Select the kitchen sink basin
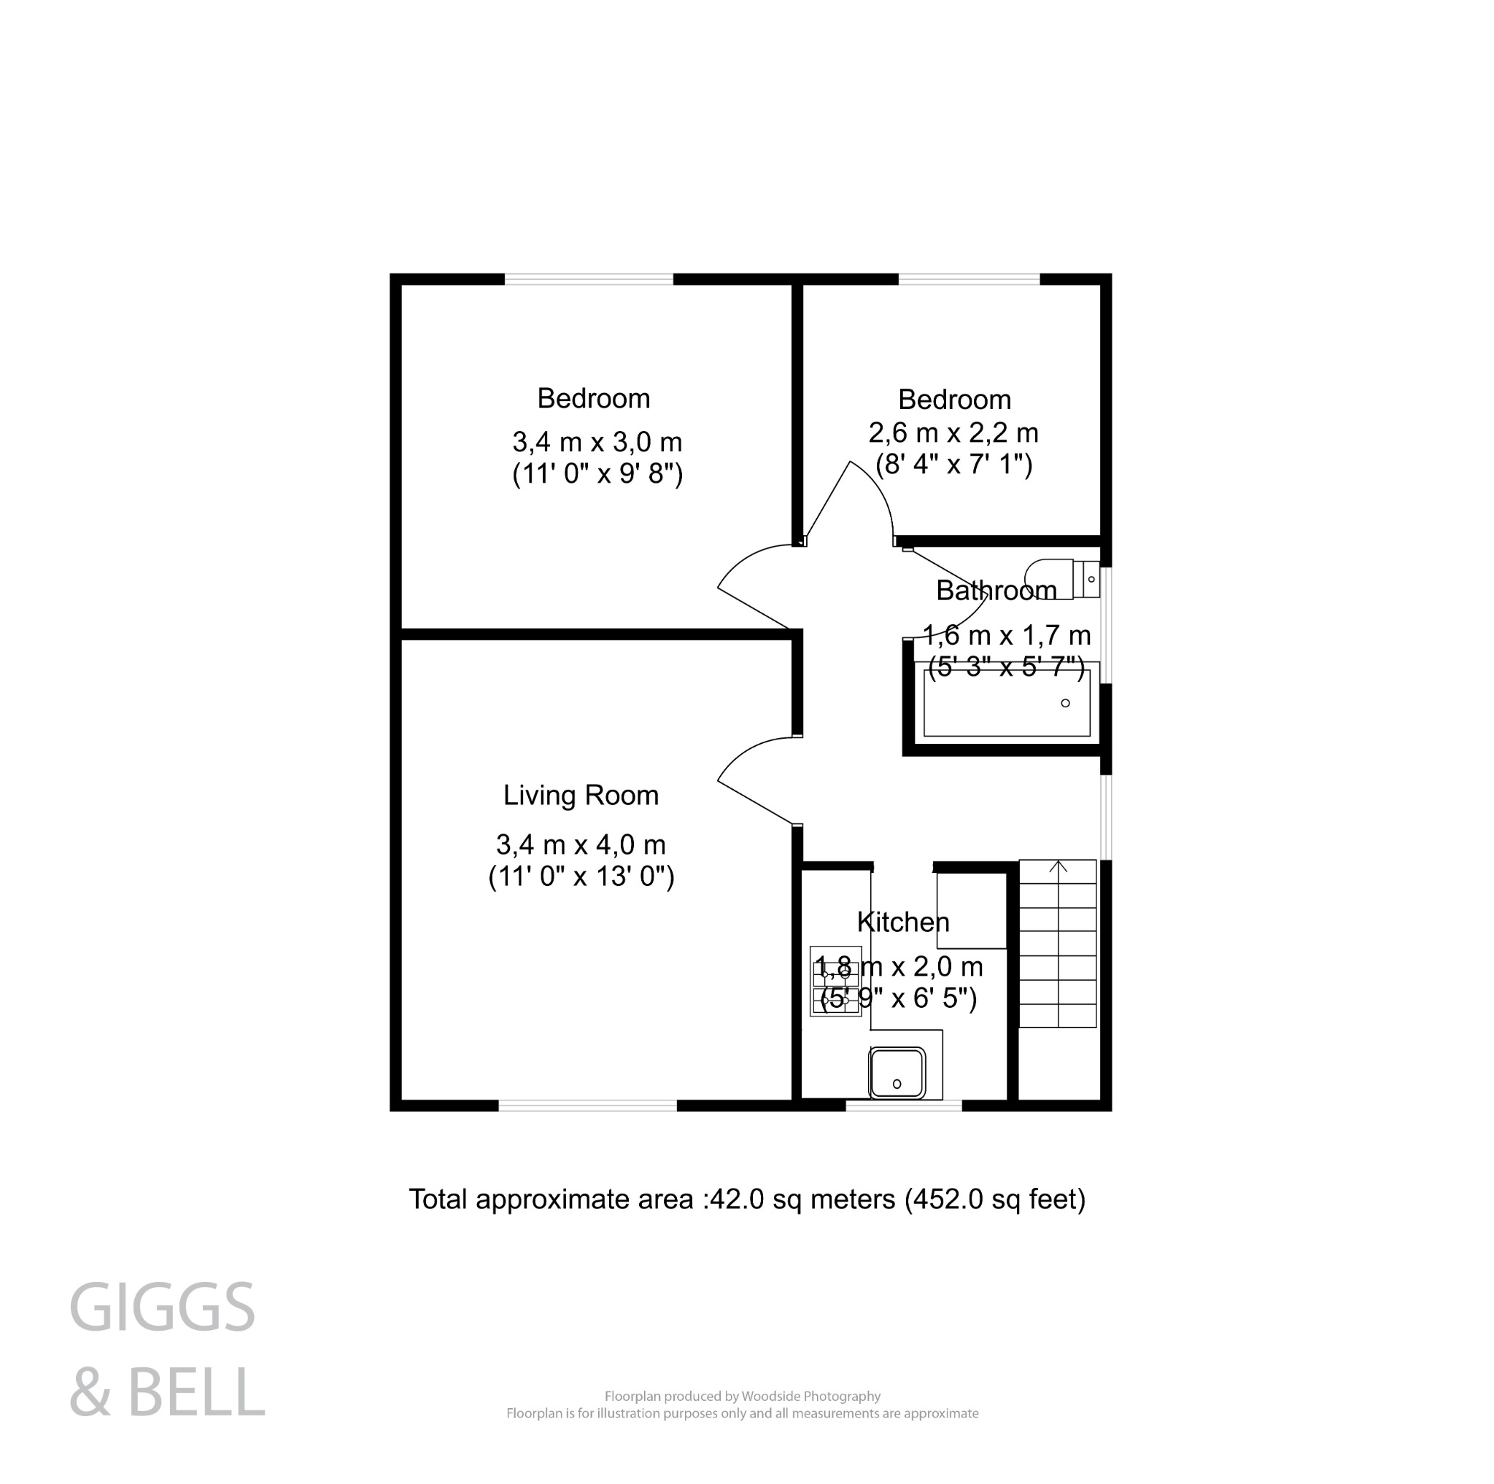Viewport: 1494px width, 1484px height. coord(897,1073)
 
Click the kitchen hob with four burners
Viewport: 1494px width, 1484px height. coord(835,981)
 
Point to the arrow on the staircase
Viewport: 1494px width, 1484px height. coord(1058,867)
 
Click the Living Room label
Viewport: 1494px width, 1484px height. coord(581,796)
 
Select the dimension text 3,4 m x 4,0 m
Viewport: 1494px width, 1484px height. coord(581,844)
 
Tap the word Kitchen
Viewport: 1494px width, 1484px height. coord(902,922)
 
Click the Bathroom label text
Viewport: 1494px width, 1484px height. coord(996,591)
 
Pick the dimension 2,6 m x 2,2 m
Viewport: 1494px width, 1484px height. coord(953,433)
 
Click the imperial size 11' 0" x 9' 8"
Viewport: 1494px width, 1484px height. coord(597,474)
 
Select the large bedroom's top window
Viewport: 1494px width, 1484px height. coord(589,279)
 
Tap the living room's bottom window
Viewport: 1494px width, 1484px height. coord(587,1106)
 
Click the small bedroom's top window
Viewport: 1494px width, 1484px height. coord(968,279)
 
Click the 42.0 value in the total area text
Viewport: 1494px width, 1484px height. coord(736,1200)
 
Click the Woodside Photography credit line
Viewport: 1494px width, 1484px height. coord(743,1418)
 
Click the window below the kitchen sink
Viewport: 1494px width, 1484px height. coord(903,1106)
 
